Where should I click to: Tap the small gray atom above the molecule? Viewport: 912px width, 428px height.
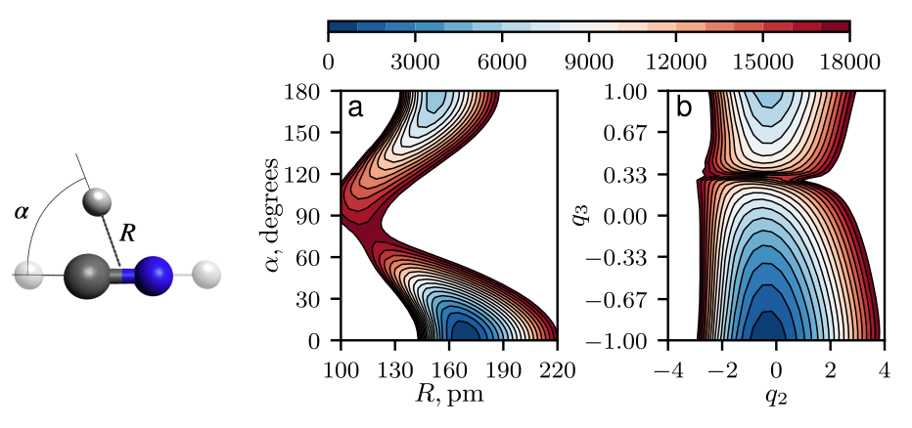point(97,203)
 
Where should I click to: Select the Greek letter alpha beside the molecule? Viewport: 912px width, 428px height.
point(22,210)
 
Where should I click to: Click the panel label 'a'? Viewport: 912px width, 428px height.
point(356,107)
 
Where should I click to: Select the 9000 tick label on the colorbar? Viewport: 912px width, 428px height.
point(587,61)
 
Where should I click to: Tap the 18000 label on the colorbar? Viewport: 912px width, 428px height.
point(848,61)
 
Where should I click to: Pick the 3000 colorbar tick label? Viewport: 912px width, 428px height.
point(414,61)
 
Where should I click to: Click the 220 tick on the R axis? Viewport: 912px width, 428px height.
point(557,359)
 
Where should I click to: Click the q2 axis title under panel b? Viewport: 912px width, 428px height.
point(775,398)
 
